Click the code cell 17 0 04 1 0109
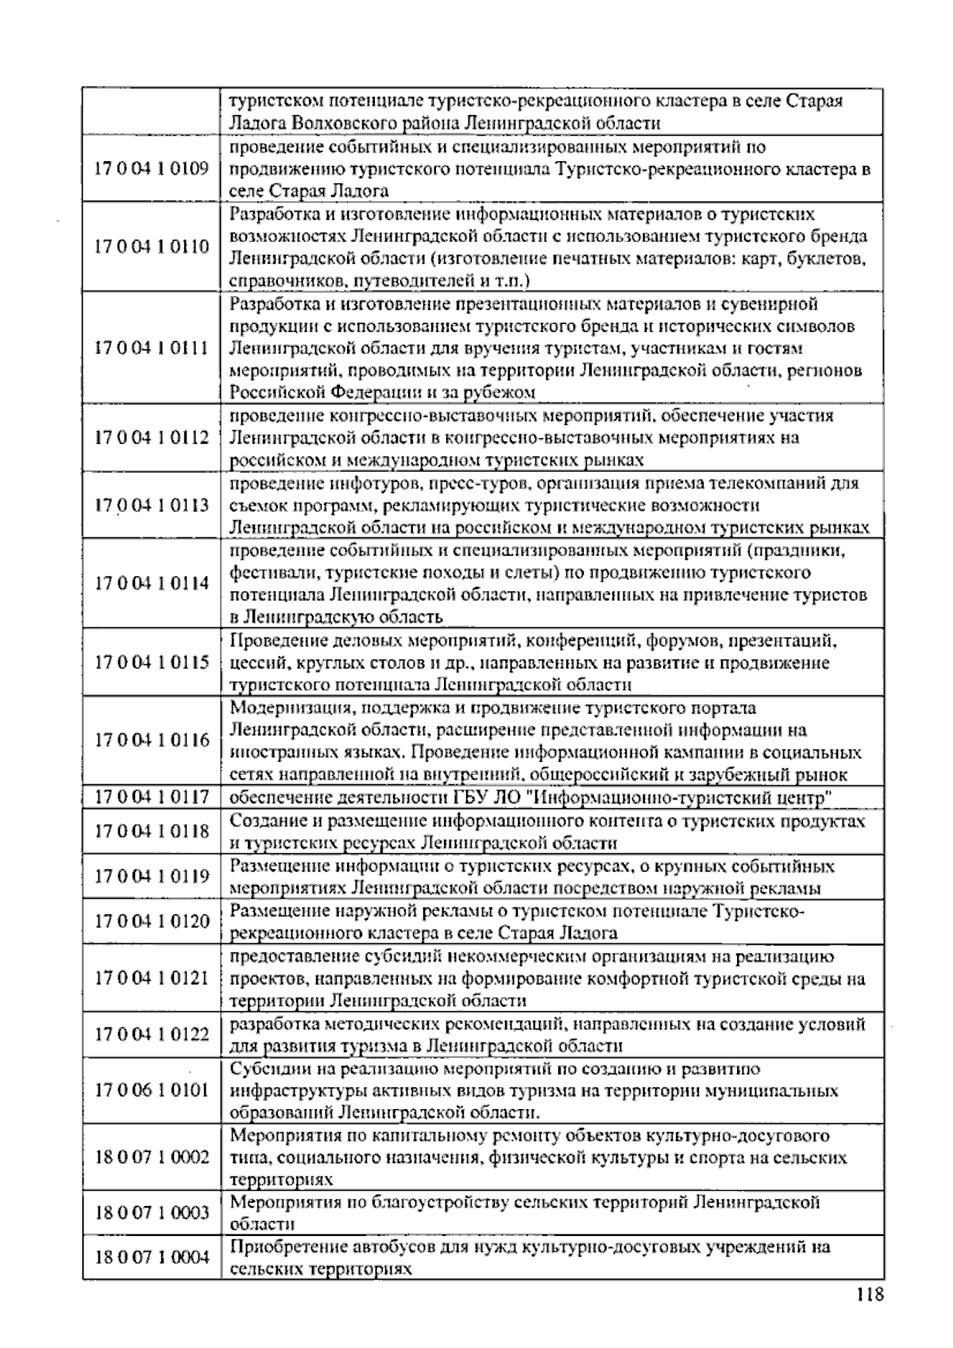(x=152, y=168)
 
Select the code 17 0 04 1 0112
(x=152, y=437)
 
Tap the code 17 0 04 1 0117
(x=152, y=796)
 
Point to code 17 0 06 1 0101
(x=152, y=1089)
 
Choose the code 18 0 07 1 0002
(x=152, y=1157)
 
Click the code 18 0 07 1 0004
(x=152, y=1257)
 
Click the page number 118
(x=870, y=1296)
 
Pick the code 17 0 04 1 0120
(x=152, y=921)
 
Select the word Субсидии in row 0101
(x=264, y=1069)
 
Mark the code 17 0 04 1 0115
(x=152, y=662)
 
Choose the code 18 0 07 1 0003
(x=152, y=1212)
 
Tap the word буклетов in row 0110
(x=826, y=259)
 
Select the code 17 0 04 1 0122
(x=152, y=1034)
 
